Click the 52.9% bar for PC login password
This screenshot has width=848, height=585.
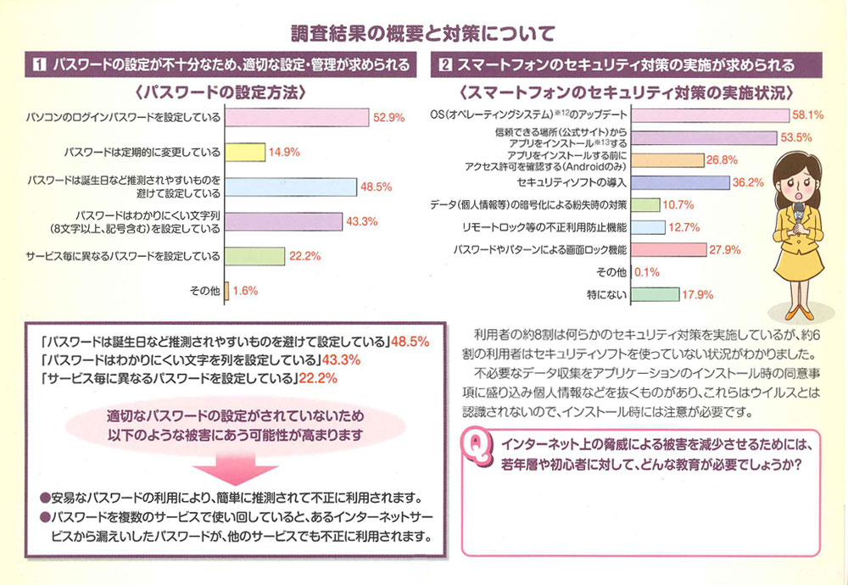[x=296, y=118]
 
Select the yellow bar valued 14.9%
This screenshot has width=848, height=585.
[x=246, y=153]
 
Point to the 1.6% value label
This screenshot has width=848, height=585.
[x=247, y=291]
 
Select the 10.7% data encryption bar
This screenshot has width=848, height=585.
[x=646, y=204]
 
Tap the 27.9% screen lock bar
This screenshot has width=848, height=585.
[x=670, y=249]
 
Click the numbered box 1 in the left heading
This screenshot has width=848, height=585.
[x=39, y=64]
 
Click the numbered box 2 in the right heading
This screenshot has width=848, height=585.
[x=444, y=64]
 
